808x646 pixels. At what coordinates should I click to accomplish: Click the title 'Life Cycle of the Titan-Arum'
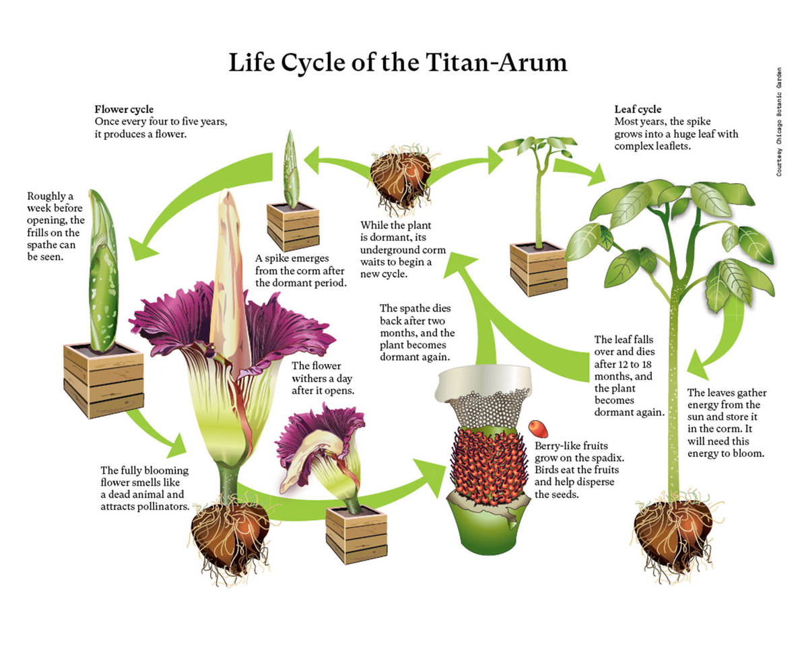397,63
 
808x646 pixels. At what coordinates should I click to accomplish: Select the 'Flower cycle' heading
124,110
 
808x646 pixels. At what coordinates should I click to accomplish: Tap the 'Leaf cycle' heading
638,109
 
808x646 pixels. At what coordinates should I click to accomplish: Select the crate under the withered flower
356,534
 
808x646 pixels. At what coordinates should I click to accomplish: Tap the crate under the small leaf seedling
538,269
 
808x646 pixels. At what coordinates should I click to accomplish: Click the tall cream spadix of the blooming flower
225,269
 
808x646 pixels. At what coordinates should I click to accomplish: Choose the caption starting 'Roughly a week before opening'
55,226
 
